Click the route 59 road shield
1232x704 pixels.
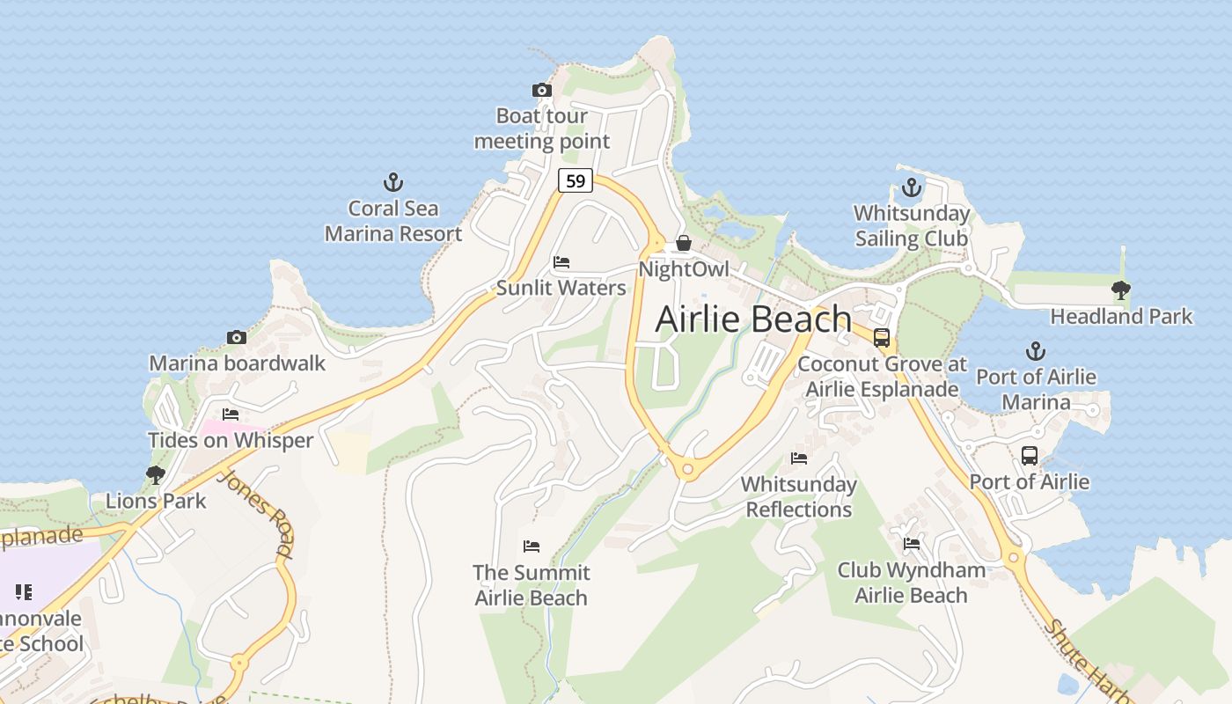575,181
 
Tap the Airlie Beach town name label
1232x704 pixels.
753,319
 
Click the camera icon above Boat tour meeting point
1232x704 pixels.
541,91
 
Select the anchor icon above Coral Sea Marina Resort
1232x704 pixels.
393,183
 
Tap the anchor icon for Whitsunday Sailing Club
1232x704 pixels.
912,187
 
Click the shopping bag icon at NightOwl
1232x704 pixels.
684,243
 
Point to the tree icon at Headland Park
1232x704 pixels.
1120,290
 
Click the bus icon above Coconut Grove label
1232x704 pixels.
882,338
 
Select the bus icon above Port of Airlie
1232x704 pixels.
1029,456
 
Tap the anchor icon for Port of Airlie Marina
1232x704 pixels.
1036,351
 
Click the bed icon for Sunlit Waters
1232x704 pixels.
561,262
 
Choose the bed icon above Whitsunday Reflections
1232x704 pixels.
798,458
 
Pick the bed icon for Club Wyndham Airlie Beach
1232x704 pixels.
911,544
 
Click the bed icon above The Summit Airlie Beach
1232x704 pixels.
531,546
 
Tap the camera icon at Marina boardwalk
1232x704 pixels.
236,338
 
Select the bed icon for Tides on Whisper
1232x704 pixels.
231,414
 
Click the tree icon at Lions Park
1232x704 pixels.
156,475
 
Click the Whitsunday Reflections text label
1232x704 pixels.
798,496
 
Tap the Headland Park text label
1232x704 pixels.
1121,316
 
